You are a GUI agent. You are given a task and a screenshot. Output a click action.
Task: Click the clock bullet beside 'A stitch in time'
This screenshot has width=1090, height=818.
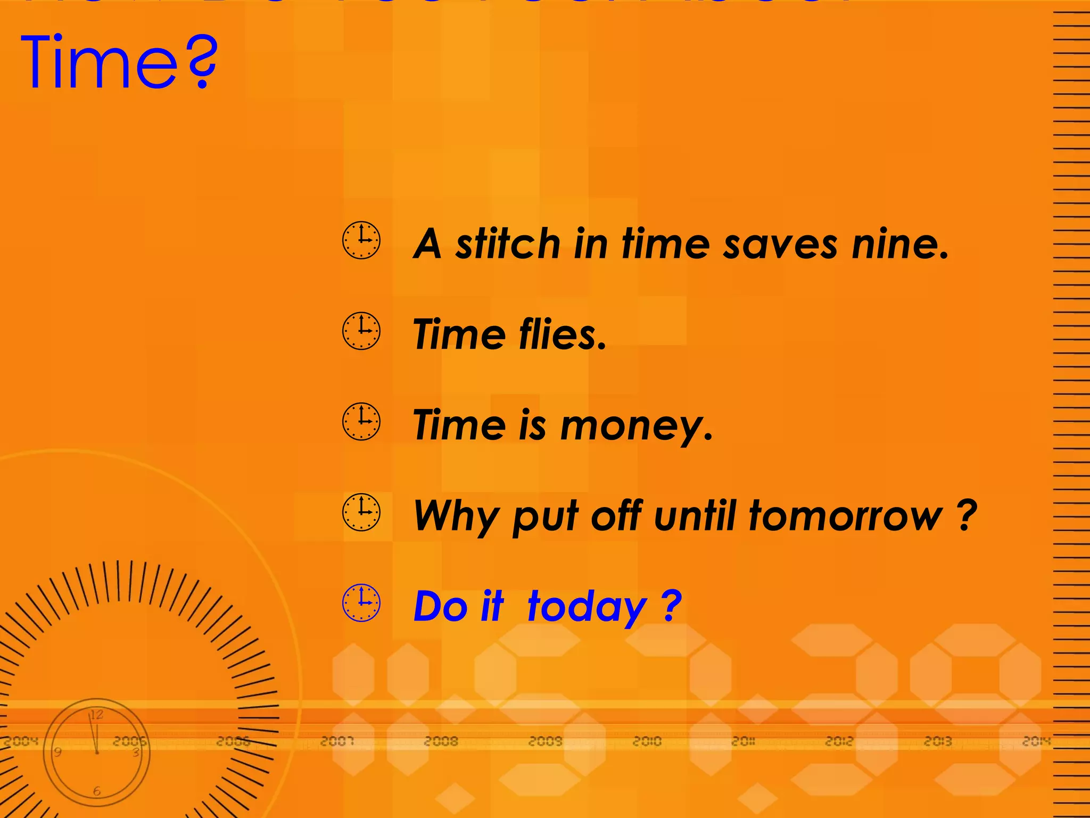(361, 240)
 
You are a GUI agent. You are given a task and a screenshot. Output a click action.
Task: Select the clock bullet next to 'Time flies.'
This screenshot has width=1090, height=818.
(361, 331)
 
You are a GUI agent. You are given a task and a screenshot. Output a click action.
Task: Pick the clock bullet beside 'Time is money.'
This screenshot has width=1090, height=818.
(361, 421)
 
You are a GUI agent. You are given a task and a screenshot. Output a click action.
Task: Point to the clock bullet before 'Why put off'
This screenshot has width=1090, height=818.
(361, 512)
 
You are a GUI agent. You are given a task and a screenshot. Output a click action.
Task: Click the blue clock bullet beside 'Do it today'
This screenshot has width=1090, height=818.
(361, 603)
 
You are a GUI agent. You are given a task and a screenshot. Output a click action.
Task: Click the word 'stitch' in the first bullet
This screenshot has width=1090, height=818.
(508, 244)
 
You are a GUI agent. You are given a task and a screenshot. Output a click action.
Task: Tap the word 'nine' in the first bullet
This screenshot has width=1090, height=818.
(899, 244)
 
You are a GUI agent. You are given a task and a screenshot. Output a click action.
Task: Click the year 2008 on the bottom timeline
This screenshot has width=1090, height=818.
(441, 741)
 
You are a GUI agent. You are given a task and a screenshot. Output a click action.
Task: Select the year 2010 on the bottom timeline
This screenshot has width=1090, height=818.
(647, 741)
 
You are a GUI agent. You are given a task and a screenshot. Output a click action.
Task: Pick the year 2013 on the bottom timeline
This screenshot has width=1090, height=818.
(938, 741)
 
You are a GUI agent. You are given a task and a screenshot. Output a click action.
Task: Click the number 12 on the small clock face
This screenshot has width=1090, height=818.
(96, 715)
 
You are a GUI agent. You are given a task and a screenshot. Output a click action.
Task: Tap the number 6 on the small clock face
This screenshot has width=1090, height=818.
(96, 791)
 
